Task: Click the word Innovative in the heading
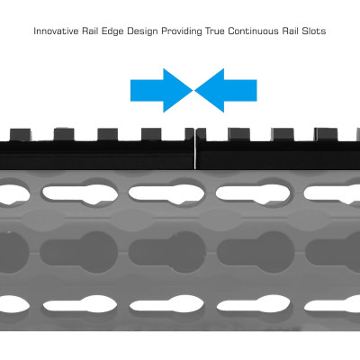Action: click(x=56, y=31)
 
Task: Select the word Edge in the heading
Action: click(x=112, y=31)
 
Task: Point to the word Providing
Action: click(x=182, y=31)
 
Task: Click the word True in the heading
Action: click(x=215, y=31)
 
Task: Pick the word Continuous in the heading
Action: click(x=253, y=31)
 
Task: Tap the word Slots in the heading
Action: click(x=313, y=31)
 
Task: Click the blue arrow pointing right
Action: click(x=161, y=90)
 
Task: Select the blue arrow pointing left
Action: click(x=226, y=90)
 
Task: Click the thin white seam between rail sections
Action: click(x=195, y=148)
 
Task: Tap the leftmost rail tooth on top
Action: click(x=21, y=135)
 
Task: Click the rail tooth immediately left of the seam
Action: click(x=190, y=134)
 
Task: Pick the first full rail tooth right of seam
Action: click(x=238, y=134)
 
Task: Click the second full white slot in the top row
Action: click(x=166, y=194)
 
